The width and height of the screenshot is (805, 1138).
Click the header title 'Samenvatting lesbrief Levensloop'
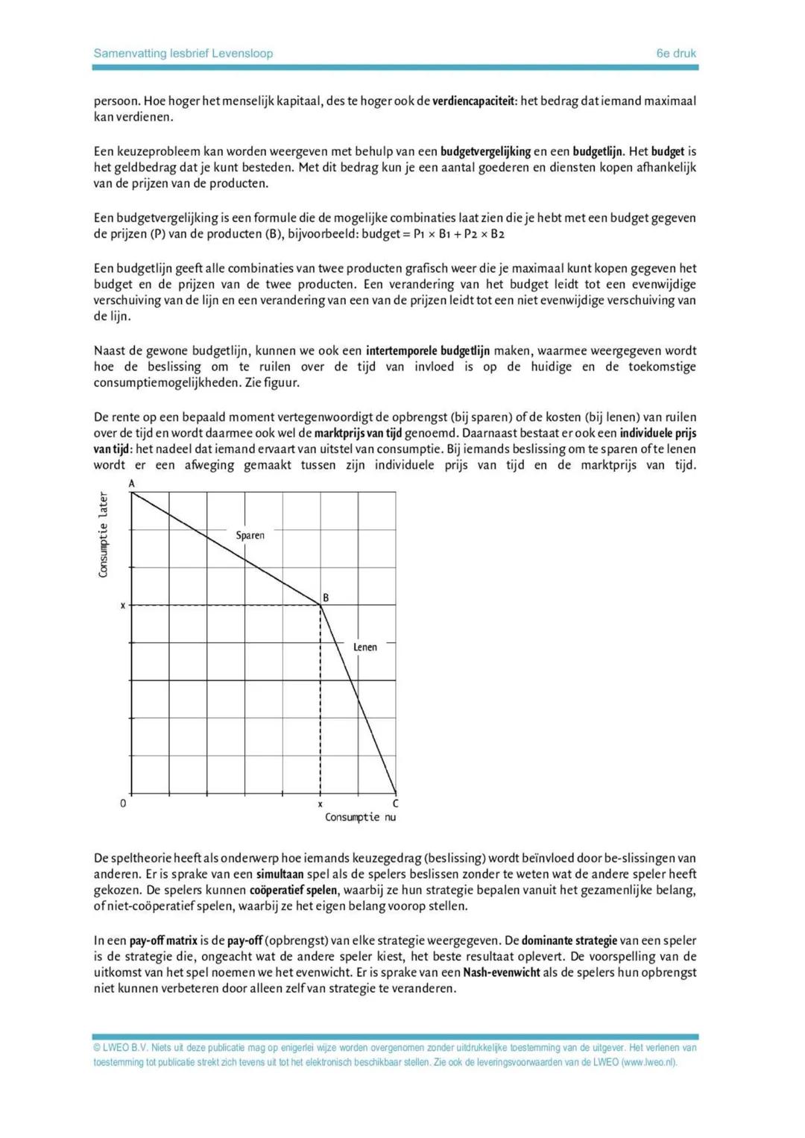click(183, 54)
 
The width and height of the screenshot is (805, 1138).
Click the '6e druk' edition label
click(676, 54)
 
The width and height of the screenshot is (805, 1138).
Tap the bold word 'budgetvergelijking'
click(485, 151)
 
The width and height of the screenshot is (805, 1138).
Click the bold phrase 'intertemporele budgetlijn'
click(428, 350)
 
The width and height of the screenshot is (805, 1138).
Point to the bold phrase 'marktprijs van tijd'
click(358, 433)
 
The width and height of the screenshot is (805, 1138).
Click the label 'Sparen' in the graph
click(250, 535)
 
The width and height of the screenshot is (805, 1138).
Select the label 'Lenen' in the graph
click(365, 647)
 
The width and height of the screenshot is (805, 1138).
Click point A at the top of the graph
click(132, 484)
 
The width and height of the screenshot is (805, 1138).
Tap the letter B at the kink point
click(326, 598)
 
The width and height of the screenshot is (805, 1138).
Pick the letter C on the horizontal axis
click(395, 803)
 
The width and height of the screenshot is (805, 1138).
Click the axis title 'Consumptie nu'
click(360, 818)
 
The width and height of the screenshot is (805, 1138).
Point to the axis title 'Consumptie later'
click(104, 534)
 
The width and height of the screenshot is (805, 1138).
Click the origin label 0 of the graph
click(123, 803)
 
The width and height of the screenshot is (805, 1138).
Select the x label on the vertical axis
click(123, 606)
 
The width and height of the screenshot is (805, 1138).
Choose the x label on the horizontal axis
click(321, 804)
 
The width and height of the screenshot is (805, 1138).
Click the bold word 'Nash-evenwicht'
click(502, 973)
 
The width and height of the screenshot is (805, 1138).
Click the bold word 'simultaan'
click(281, 874)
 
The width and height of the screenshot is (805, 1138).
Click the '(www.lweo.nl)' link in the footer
click(650, 1062)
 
